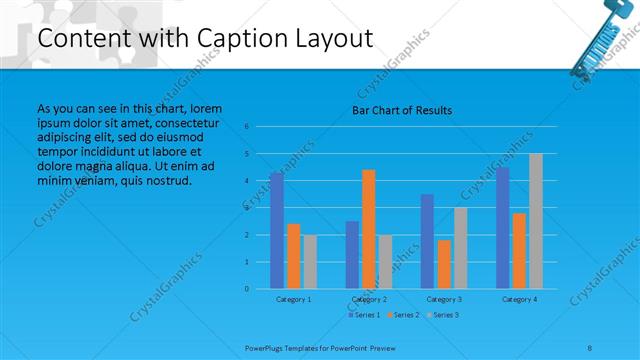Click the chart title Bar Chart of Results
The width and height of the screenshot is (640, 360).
[401, 109]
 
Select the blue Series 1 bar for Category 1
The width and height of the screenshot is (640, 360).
[277, 231]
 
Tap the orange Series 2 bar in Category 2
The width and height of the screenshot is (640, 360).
[369, 229]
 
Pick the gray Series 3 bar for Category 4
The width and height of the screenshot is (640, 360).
[535, 221]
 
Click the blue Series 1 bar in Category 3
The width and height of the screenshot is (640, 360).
[427, 241]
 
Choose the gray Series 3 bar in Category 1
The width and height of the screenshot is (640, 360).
[310, 262]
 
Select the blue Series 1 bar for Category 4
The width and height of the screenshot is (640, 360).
[503, 228]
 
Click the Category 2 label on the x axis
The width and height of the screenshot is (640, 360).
[369, 299]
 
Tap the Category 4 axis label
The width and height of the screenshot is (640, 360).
[519, 299]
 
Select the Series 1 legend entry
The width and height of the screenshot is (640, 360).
[364, 315]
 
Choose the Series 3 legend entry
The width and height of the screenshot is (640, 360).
[444, 315]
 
